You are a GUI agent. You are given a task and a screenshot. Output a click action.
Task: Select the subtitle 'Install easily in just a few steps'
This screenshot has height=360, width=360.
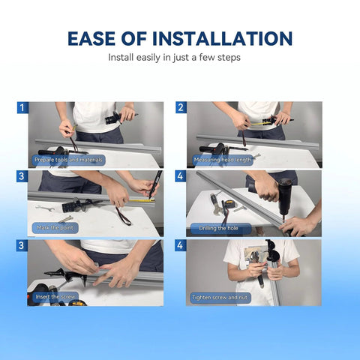coord(180,57)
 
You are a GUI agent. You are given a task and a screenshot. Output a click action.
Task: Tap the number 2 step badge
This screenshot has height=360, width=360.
coord(180,108)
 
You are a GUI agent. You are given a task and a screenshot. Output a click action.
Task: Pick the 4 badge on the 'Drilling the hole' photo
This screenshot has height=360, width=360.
coord(180,176)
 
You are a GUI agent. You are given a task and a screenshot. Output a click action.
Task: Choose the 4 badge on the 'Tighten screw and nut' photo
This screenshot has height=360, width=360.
coord(180,245)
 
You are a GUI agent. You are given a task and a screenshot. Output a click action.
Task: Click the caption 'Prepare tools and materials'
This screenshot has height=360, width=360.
coord(68,160)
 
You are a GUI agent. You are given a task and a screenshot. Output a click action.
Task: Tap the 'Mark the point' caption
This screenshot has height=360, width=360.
coord(56,228)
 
